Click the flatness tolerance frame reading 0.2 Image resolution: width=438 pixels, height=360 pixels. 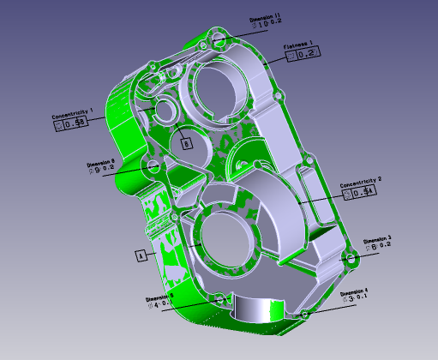click(x=302, y=54)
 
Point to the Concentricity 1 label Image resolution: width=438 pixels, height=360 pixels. click(x=72, y=112)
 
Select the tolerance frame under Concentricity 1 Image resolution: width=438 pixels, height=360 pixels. click(x=70, y=124)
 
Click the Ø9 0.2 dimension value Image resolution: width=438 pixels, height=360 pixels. click(x=102, y=169)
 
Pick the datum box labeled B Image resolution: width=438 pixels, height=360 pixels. click(x=186, y=144)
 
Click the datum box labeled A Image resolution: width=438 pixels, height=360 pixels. click(x=139, y=255)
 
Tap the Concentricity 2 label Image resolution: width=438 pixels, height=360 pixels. click(x=361, y=182)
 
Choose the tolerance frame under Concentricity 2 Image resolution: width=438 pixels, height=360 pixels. click(x=358, y=194)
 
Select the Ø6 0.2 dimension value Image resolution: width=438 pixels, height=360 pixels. click(x=377, y=246)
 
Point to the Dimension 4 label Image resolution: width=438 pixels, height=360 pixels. click(x=354, y=292)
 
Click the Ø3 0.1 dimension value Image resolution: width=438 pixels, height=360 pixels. click(x=354, y=300)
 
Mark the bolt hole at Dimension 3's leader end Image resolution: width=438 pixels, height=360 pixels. click(x=349, y=257)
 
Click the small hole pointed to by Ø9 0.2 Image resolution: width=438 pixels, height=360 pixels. click(x=153, y=164)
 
